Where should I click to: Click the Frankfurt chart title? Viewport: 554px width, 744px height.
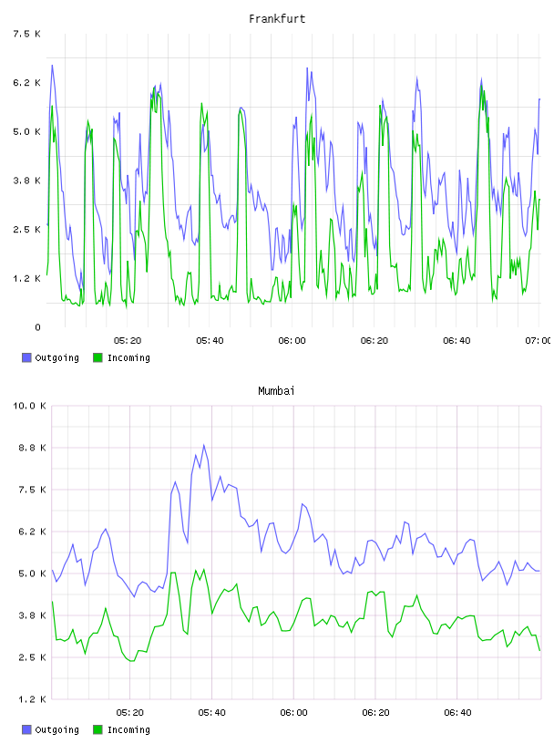coord(277,19)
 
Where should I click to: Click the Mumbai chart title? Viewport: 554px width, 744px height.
coord(276,391)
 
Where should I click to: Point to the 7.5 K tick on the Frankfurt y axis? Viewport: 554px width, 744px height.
coord(27,34)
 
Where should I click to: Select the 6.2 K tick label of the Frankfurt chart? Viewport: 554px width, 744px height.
coord(27,83)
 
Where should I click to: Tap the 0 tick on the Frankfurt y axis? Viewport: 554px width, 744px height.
coord(37,327)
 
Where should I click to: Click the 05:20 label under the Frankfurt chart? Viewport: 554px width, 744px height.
coord(128,340)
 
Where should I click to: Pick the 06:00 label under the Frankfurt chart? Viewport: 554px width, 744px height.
coord(292,340)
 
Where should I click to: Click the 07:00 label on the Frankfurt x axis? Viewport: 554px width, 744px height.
coord(539,340)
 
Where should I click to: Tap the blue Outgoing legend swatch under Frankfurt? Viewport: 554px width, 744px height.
coord(26,357)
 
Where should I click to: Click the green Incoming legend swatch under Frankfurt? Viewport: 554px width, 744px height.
coord(97,357)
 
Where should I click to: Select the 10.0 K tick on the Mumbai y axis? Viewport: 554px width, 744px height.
coord(29,406)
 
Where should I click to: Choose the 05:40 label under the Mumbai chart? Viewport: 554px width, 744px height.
coord(212,712)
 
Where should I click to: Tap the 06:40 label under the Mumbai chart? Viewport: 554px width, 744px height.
coord(457,712)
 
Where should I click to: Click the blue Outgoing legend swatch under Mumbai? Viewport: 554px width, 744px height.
coord(26,729)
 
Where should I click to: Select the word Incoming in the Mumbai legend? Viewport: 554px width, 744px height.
coord(128,729)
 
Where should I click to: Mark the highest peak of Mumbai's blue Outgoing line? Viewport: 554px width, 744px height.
coord(204,445)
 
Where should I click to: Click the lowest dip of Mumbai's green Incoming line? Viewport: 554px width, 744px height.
coord(131,660)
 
